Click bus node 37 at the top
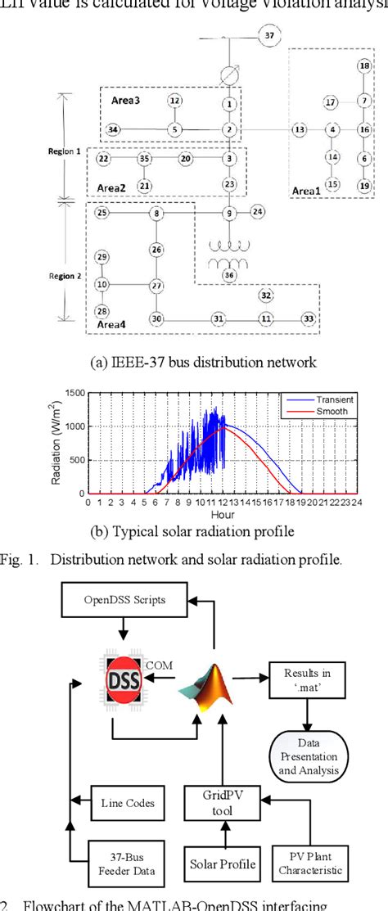coord(269,35)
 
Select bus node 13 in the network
coord(300,129)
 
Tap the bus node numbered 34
coord(113,129)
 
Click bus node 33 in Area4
coord(308,318)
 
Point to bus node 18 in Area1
coord(364,65)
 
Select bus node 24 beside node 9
coord(258,212)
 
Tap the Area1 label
coord(308,191)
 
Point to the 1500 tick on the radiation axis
coord(74,393)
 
